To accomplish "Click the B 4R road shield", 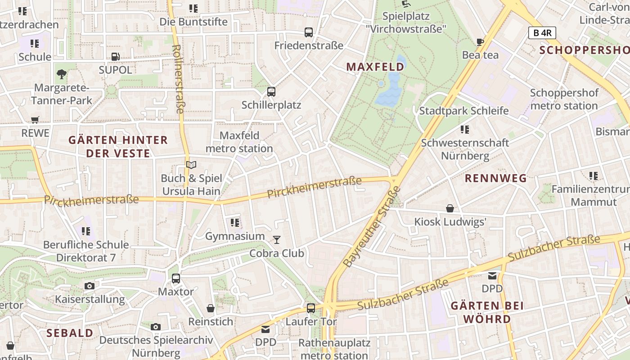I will coord(542,33).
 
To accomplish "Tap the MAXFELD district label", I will coord(375,67).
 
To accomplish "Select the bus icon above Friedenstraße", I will coord(309,32).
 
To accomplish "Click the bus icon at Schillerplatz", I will coord(271,92).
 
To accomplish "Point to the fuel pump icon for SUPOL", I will coord(116,57).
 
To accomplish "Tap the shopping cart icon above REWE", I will coord(35,120).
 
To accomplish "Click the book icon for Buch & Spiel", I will coord(191,165).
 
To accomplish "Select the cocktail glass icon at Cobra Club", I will coord(277,240).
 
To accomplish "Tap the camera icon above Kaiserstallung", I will coord(90,286).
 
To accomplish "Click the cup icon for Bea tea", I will coord(480,42).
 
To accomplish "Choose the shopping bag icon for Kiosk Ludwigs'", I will coord(450,208).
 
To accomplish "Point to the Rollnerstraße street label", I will coord(179,79).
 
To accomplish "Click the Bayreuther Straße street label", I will coord(371,226).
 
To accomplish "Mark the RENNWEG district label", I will coord(495,178).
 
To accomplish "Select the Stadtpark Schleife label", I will coord(464,111).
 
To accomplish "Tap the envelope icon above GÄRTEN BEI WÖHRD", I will coord(492,275).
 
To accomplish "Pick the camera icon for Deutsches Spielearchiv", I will coord(156,327).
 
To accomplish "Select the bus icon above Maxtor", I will coord(176,278).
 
